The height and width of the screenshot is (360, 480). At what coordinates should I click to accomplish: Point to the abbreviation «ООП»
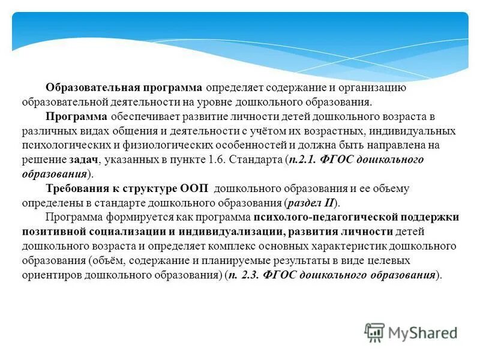(194, 188)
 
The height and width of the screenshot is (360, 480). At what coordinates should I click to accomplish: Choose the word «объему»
(392, 188)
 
